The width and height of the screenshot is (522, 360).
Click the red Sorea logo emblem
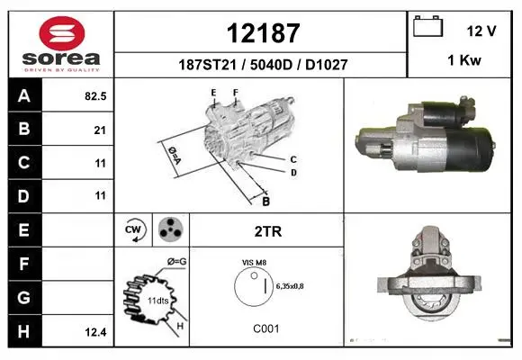point(62,33)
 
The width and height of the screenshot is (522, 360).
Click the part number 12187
point(263,33)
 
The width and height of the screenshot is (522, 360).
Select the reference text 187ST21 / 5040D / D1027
point(263,65)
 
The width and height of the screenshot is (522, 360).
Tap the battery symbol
point(427,26)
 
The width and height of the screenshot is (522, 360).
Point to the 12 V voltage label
point(481,31)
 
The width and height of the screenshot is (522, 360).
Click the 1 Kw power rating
point(464,60)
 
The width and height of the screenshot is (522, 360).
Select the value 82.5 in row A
point(95,96)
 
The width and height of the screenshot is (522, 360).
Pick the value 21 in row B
point(100,130)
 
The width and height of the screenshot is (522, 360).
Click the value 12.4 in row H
point(95,332)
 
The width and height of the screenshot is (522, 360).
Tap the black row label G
point(24,297)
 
